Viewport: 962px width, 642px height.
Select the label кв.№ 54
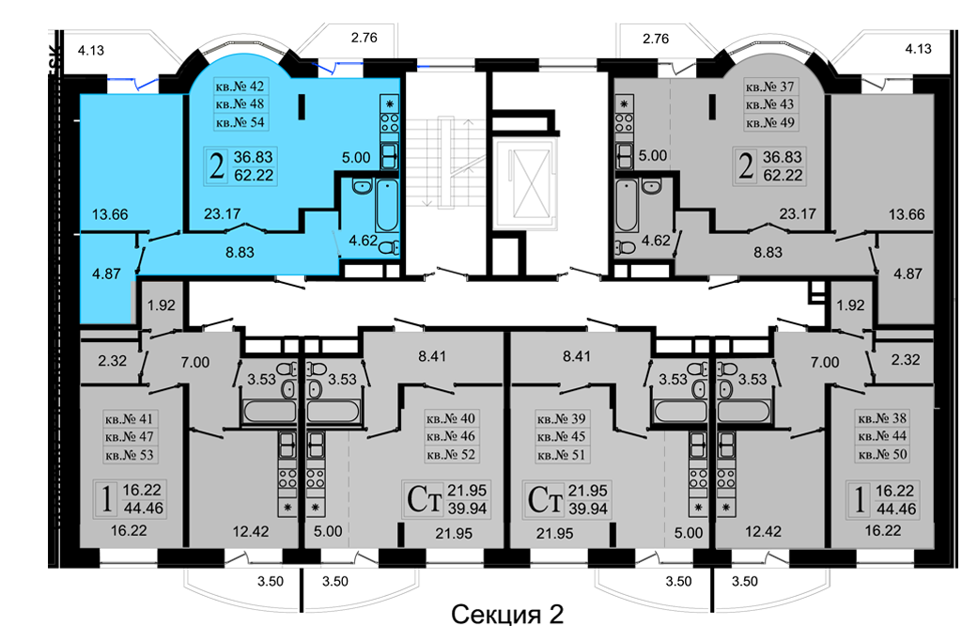click(236, 122)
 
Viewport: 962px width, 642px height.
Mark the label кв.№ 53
click(129, 455)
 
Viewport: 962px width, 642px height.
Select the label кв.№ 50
click(882, 455)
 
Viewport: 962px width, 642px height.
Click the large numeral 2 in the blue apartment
click(217, 167)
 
